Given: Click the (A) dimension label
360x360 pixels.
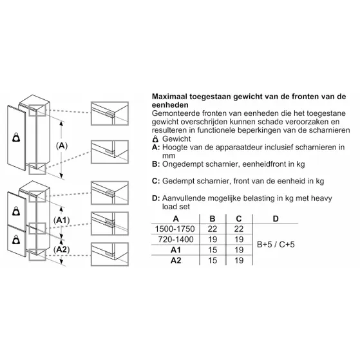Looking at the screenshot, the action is point(62,146).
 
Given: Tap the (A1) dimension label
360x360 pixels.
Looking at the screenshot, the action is point(61,220).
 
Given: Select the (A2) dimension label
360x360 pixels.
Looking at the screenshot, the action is point(61,249).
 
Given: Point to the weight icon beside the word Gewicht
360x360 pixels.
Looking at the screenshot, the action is point(156,139).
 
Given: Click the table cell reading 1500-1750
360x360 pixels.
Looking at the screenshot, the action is point(175,229).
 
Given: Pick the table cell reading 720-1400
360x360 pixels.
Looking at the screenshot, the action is point(176,240).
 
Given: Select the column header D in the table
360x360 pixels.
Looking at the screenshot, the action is point(276,218).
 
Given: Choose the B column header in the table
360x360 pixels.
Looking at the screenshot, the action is point(213,218).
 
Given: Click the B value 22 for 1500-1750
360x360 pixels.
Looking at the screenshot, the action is point(213,229).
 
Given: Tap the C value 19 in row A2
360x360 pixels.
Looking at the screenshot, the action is point(239,260).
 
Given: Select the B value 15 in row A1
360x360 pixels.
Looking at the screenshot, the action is point(213,250).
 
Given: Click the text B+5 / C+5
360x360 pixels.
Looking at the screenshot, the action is point(276,244).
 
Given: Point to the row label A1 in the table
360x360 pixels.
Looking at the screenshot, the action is point(176,250).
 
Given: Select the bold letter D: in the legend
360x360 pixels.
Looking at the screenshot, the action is point(156,198).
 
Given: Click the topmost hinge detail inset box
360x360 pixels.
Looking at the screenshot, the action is point(109,113).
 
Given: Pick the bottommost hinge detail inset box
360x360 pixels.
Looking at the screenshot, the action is point(109,254).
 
